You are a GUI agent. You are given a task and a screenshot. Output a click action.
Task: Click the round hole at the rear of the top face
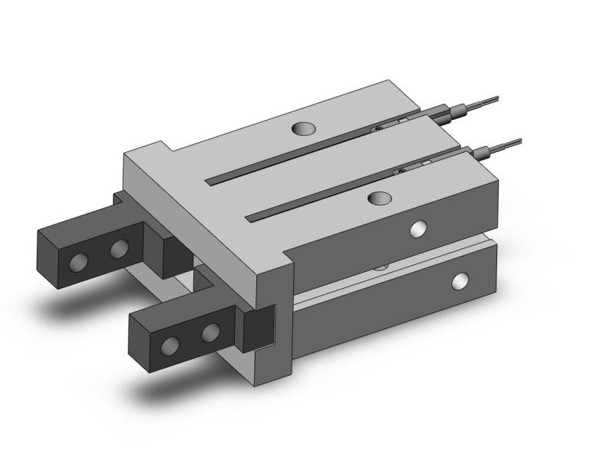click(305, 128)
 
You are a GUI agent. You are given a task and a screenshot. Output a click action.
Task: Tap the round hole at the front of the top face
click(377, 198)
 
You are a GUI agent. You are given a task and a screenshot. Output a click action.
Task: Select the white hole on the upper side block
click(418, 228)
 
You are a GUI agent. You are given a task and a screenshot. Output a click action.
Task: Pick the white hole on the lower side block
click(460, 280)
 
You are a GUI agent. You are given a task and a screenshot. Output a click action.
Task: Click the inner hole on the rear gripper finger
click(119, 248)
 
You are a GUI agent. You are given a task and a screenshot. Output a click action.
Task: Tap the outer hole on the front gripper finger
click(171, 347)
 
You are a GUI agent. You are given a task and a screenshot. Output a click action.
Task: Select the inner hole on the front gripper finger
click(211, 332)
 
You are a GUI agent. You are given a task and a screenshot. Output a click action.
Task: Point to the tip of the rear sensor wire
click(496, 98)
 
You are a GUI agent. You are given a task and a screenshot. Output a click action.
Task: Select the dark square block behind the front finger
click(258, 327)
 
